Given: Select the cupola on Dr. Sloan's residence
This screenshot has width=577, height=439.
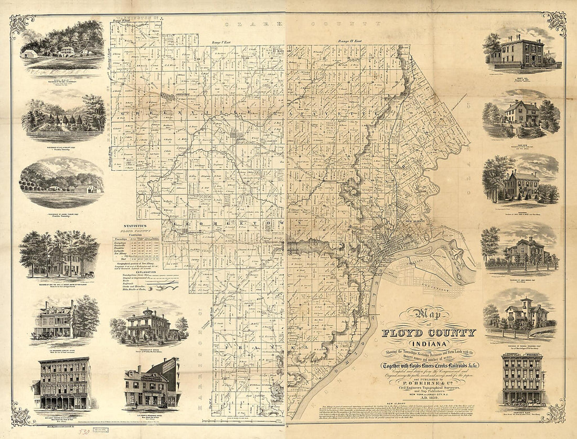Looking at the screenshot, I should [145, 312].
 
